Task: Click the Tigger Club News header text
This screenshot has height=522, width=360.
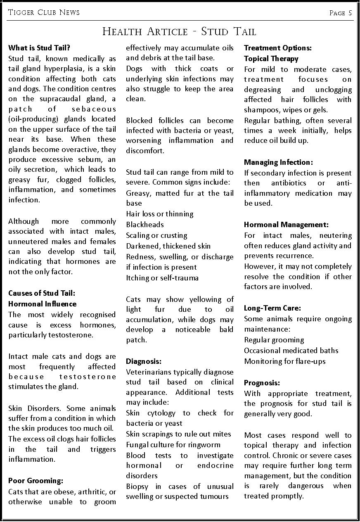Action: [44, 13]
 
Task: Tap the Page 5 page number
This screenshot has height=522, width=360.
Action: [341, 13]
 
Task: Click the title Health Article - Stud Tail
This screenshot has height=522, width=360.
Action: [179, 31]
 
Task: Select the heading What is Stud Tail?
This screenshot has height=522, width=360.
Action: [39, 48]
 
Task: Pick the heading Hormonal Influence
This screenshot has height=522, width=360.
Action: [43, 304]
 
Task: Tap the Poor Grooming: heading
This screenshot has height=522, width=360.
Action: [36, 481]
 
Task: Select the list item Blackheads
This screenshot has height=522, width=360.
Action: [145, 225]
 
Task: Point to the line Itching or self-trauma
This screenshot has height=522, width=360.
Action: [162, 278]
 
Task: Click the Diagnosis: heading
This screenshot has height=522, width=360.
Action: [144, 361]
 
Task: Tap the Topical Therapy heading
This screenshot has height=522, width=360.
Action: [271, 59]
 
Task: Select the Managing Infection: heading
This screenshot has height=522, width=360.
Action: [278, 162]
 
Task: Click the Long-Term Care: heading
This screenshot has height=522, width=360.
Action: [272, 308]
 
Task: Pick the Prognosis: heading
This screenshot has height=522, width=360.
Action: [262, 383]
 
